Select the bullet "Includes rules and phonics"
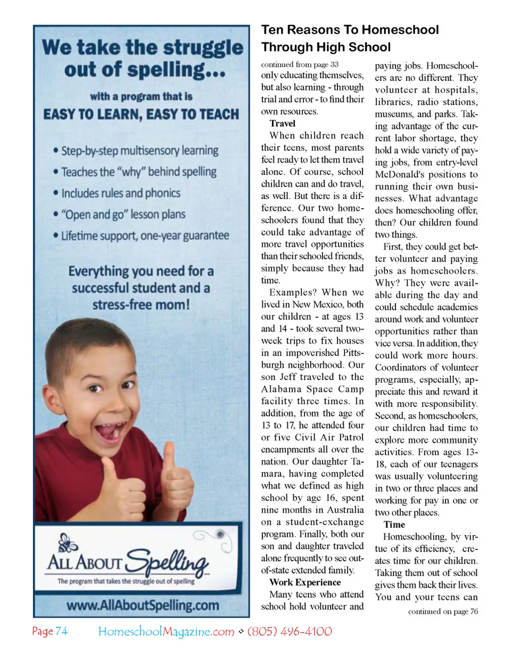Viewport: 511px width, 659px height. click(x=120, y=193)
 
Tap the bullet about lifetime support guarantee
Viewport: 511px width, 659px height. click(x=145, y=236)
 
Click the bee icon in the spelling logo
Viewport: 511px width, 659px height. click(x=68, y=543)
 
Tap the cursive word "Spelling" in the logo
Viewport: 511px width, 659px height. click(x=168, y=560)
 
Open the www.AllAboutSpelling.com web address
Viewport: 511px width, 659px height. click(x=142, y=605)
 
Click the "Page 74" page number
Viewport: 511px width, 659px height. click(x=50, y=631)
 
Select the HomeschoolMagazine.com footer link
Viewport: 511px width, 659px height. click(x=166, y=631)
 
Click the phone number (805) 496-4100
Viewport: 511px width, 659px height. click(x=290, y=631)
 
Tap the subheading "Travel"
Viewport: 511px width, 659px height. click(x=282, y=123)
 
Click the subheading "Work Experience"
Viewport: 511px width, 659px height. click(x=305, y=582)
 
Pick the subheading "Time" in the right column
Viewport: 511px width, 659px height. click(x=394, y=524)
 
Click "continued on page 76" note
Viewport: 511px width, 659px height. click(x=443, y=611)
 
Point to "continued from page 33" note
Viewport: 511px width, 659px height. click(x=300, y=64)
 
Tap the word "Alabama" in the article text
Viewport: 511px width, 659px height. click(x=282, y=389)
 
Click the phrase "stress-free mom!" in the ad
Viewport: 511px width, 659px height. click(x=141, y=305)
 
